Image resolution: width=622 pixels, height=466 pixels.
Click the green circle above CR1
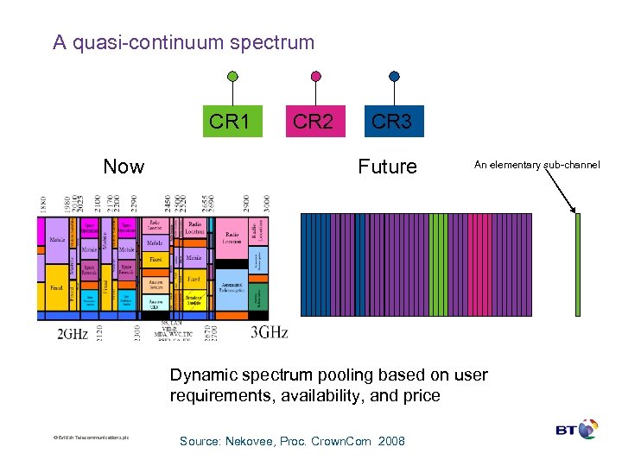click(232, 76)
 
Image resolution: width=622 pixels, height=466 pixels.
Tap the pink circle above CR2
click(315, 76)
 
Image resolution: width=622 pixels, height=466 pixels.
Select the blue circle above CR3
click(394, 76)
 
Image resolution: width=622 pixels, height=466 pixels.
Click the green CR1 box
click(230, 122)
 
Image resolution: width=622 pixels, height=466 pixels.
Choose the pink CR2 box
click(313, 122)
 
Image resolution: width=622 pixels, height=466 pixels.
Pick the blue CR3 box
click(391, 122)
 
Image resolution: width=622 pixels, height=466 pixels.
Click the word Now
click(124, 167)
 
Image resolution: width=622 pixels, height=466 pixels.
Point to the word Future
click(387, 167)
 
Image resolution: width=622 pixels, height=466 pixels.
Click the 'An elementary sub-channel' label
click(536, 164)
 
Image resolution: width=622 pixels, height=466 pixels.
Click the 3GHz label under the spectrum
click(269, 333)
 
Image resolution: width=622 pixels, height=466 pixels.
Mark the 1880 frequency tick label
click(42, 205)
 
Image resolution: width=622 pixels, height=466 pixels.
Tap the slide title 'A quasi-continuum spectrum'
click(183, 42)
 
